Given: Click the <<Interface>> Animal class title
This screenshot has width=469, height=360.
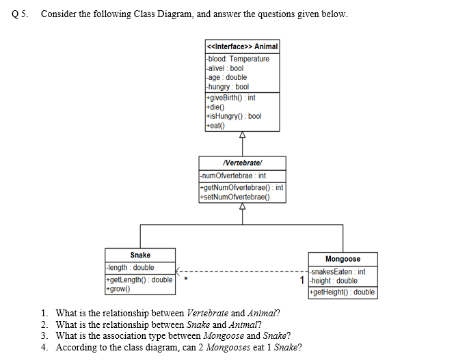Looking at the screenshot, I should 242,46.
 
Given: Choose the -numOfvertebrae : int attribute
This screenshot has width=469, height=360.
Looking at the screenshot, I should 232,176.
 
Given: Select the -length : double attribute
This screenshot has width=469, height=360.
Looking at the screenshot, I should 131,268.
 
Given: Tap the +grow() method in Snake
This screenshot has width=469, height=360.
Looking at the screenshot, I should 117,290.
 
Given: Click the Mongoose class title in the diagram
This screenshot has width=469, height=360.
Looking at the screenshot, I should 343,259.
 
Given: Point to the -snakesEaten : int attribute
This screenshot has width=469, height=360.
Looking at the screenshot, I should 338,271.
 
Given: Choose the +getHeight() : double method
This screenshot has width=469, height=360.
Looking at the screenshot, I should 343,292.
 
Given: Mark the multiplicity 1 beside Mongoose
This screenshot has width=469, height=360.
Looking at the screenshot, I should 301,280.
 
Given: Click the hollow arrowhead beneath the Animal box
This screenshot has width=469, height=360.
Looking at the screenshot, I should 242,135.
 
